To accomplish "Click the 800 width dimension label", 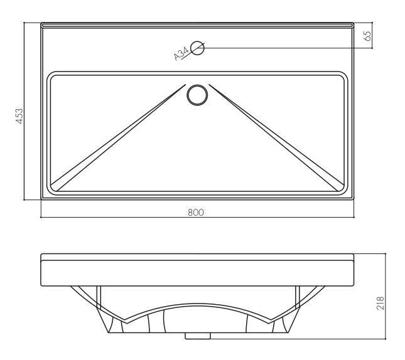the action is (x=196, y=212).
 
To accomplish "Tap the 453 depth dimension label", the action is (x=19, y=116).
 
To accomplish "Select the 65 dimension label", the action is (x=367, y=36).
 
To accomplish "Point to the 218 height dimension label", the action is (x=381, y=303).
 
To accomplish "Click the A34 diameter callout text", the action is (x=181, y=54).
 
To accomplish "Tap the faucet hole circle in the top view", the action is (x=197, y=48).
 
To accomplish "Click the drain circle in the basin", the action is (x=197, y=95).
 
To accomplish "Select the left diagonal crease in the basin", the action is (x=118, y=137).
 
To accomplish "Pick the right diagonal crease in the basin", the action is (x=276, y=137).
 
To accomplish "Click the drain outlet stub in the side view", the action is (x=198, y=336).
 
